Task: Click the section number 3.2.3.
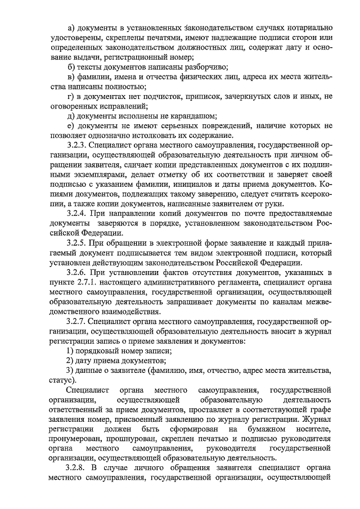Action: pyautogui.click(x=75, y=145)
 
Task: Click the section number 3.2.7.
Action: pyautogui.click(x=75, y=321)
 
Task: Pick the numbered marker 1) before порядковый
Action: pyautogui.click(x=70, y=350)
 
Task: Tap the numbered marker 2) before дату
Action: pyautogui.click(x=70, y=360)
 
